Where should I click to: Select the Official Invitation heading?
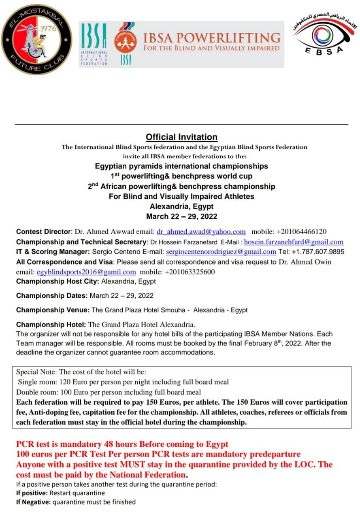click(181, 137)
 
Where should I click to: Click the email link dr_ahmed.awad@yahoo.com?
click(201, 232)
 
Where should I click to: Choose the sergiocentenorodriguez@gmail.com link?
click(221, 252)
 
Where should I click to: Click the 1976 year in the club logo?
click(49, 29)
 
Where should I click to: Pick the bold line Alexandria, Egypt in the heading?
click(181, 206)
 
